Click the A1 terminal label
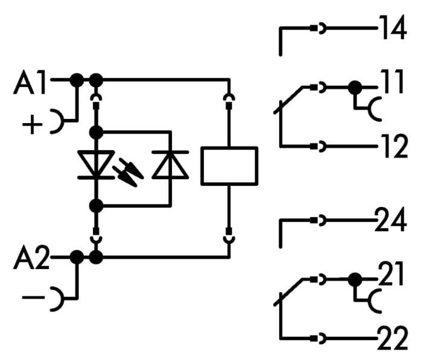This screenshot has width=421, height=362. point(30,83)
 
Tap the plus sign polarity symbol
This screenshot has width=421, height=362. point(32,124)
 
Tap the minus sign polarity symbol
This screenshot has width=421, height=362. point(33,297)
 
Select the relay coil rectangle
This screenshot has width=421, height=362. point(230,166)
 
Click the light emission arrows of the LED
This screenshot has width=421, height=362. point(128,173)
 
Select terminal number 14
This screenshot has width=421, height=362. point(393,28)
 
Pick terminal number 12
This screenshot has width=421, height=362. point(394,146)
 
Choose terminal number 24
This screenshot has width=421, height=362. point(390,220)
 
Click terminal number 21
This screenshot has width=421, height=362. point(391,274)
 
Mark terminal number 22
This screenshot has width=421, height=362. point(393,338)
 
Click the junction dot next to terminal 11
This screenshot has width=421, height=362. point(355,87)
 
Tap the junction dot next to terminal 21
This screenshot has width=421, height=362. point(355,279)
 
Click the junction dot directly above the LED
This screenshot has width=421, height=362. point(96,132)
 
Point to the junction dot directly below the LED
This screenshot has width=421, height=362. point(96,206)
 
